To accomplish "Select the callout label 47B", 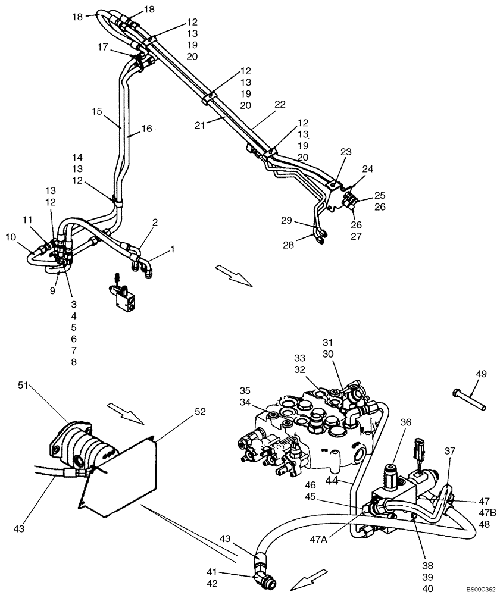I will coord(485,513).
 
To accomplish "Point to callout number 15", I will coord(97,111).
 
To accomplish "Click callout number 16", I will coord(146,128).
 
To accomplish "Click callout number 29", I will coord(287,220).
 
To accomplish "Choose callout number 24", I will coord(367,168).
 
